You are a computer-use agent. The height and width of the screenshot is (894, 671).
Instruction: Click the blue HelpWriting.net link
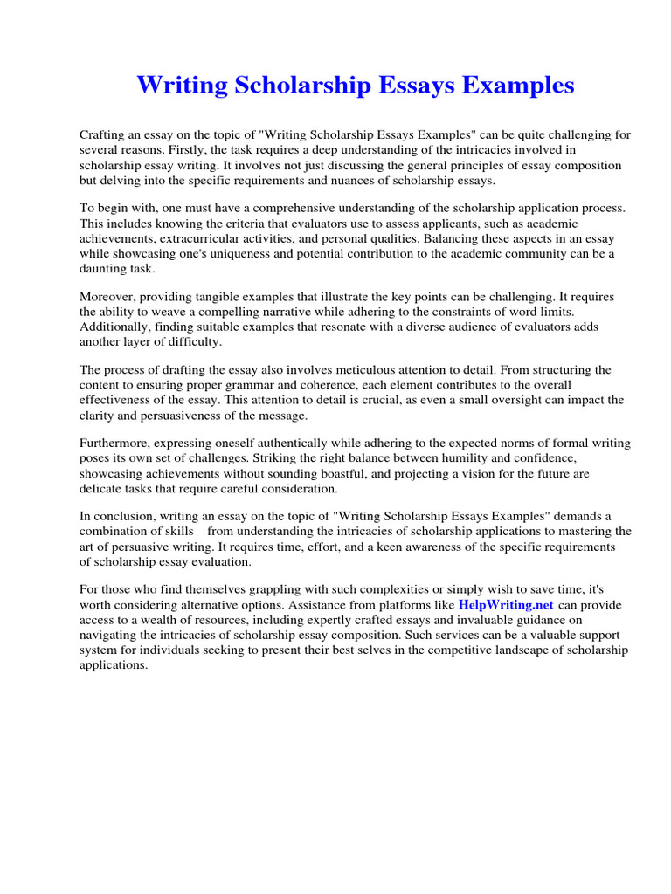(506, 604)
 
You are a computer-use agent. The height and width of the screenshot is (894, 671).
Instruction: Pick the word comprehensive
(263, 209)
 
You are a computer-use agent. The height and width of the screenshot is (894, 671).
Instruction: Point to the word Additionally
(114, 327)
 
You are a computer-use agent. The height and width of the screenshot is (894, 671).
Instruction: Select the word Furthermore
(117, 444)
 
